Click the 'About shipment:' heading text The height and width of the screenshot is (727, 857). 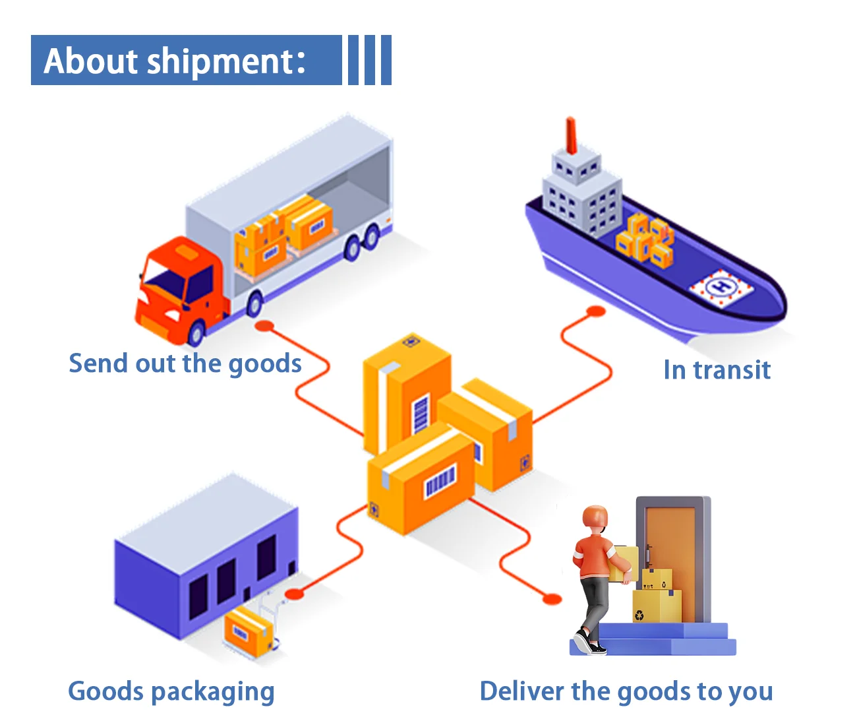pyautogui.click(x=175, y=61)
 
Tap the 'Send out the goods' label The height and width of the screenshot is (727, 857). pyautogui.click(x=185, y=363)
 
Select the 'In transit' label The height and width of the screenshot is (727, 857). pyautogui.click(x=717, y=369)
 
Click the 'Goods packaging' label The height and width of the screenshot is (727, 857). pyautogui.click(x=171, y=691)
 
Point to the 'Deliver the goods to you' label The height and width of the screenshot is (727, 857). pyautogui.click(x=626, y=691)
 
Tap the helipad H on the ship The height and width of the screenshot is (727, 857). pyautogui.click(x=723, y=286)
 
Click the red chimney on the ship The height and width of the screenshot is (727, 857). pyautogui.click(x=571, y=135)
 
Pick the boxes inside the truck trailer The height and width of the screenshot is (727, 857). pyautogui.click(x=283, y=234)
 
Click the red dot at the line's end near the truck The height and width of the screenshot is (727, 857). pyautogui.click(x=264, y=325)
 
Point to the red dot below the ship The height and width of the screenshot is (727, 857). pyautogui.click(x=596, y=311)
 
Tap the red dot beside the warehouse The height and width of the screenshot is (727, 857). pyautogui.click(x=294, y=594)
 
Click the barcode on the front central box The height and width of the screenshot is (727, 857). pyautogui.click(x=440, y=482)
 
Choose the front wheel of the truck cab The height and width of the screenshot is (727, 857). pyautogui.click(x=196, y=334)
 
